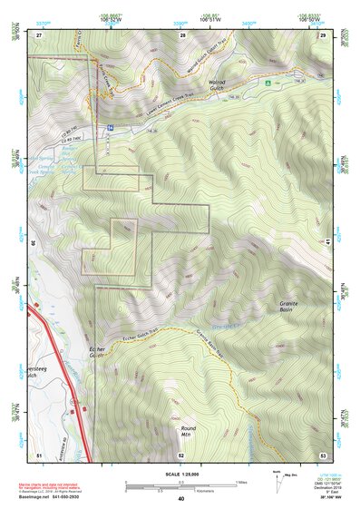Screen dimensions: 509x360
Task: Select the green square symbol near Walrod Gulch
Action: pos(268,83)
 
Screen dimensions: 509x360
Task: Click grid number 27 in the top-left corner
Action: pos(39,34)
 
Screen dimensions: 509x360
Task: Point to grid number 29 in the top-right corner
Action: pos(322,34)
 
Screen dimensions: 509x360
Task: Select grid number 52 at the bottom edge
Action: pos(181,455)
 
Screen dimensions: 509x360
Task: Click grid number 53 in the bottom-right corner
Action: pos(322,455)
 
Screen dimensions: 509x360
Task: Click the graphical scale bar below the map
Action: pos(180,485)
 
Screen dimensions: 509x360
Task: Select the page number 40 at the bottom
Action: pos(180,499)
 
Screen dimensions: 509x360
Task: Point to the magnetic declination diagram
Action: pos(277,477)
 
